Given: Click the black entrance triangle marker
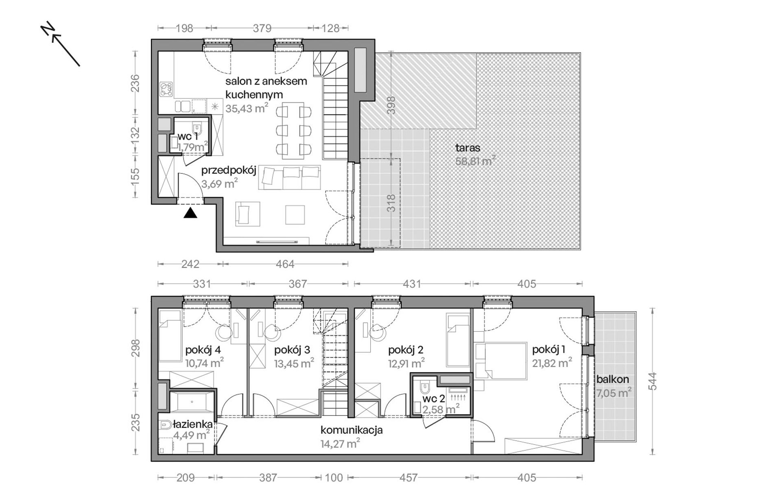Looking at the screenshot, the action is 190,213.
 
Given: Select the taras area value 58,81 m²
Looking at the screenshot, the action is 475,161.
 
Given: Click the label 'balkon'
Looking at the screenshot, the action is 613,379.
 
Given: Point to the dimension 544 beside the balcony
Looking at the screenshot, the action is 653,381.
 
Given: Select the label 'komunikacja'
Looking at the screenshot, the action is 352,430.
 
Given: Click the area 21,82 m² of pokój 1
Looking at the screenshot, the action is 552,363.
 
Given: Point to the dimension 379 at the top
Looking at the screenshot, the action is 262,28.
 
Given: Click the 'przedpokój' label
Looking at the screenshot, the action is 229,170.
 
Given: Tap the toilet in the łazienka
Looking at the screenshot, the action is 166,425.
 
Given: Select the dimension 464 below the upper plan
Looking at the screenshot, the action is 285,264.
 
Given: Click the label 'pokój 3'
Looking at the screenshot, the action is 292,350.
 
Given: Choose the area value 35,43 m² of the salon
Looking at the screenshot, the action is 247,108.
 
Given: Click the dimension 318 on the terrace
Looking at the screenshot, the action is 391,203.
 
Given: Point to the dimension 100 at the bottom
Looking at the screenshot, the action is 334,478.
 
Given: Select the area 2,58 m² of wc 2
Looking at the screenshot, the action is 441,409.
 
